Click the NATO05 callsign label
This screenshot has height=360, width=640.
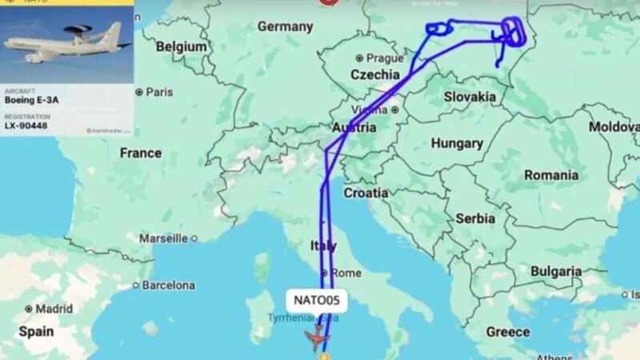(317, 301)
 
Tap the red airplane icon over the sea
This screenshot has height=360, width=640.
(318, 338)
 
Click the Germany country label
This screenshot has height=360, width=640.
(286, 27)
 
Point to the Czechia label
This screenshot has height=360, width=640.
(375, 74)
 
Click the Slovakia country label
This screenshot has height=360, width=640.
(470, 96)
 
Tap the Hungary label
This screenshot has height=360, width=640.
(457, 144)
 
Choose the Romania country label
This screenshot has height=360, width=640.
(551, 175)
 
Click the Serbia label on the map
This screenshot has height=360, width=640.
(475, 218)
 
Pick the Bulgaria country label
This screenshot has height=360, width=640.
(555, 272)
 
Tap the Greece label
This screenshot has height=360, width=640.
(508, 331)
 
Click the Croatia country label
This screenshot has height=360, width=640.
(366, 193)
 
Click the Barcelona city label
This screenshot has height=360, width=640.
(168, 285)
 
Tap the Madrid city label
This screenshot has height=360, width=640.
(54, 309)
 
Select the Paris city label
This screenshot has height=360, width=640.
(159, 92)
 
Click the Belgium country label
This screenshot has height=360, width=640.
(182, 47)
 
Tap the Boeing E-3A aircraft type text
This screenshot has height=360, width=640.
(32, 100)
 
